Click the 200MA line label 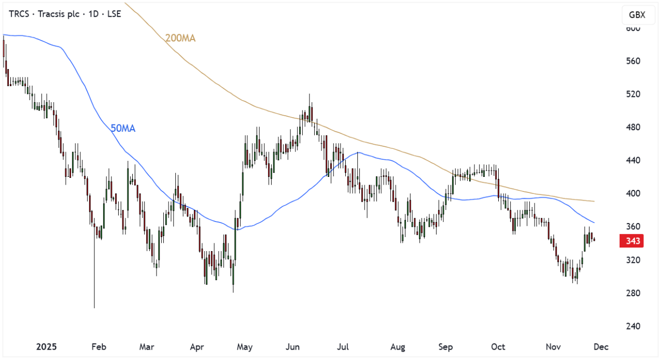pos(180,38)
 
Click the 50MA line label pos(123,128)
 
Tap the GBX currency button pos(637,15)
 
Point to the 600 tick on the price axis pos(634,28)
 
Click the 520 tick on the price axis pos(634,94)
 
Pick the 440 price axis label pos(634,160)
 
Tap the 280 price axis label pos(634,293)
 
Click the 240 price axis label pos(634,326)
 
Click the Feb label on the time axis pos(99,347)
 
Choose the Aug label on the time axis pos(398,347)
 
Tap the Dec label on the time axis pos(601,347)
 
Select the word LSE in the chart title pos(113,14)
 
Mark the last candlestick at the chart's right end pos(594,240)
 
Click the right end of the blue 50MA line pos(594,223)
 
